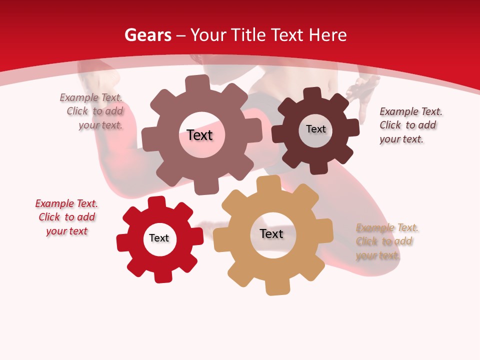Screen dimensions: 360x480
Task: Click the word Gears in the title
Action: [148, 35]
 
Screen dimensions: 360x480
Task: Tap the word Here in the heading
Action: [328, 35]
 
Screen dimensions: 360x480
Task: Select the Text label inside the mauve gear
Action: [199, 135]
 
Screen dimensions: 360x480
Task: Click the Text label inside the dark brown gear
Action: [315, 129]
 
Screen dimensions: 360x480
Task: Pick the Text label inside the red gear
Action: [159, 238]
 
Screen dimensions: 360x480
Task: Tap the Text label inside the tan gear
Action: [271, 233]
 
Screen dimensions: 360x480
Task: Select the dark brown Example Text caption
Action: [410, 125]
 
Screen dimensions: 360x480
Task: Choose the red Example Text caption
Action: [66, 217]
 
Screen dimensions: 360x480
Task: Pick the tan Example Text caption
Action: [387, 241]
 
